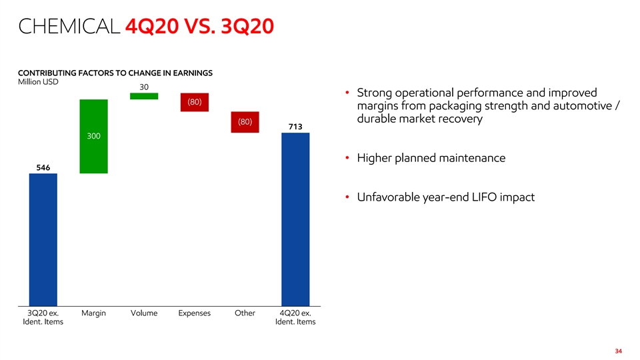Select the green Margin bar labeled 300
tap(93, 136)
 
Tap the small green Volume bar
tap(144, 96)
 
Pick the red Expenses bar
tap(195, 102)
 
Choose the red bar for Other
tap(245, 122)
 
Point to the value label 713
tap(295, 127)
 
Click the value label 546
tap(43, 167)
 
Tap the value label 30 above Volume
tap(144, 87)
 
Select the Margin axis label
tap(93, 313)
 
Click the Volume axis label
tap(144, 313)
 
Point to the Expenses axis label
tap(195, 313)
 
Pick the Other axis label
tap(245, 313)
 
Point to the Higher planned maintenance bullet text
tap(431, 159)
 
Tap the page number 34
tap(618, 351)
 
